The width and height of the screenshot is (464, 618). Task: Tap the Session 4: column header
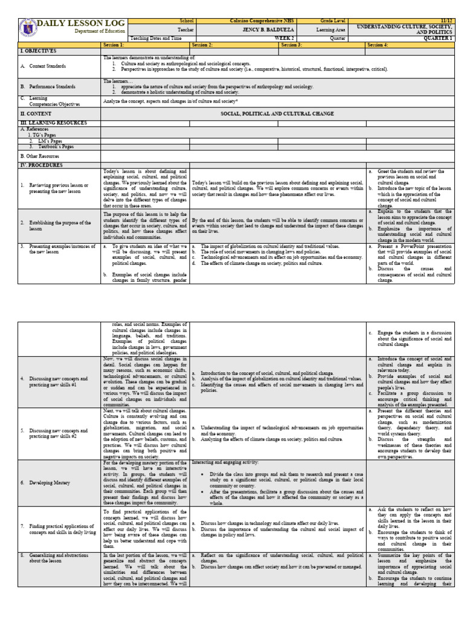tap(378, 45)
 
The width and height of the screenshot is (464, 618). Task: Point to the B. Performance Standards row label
tap(48, 86)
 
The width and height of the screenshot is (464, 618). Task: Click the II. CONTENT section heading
tap(36, 113)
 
